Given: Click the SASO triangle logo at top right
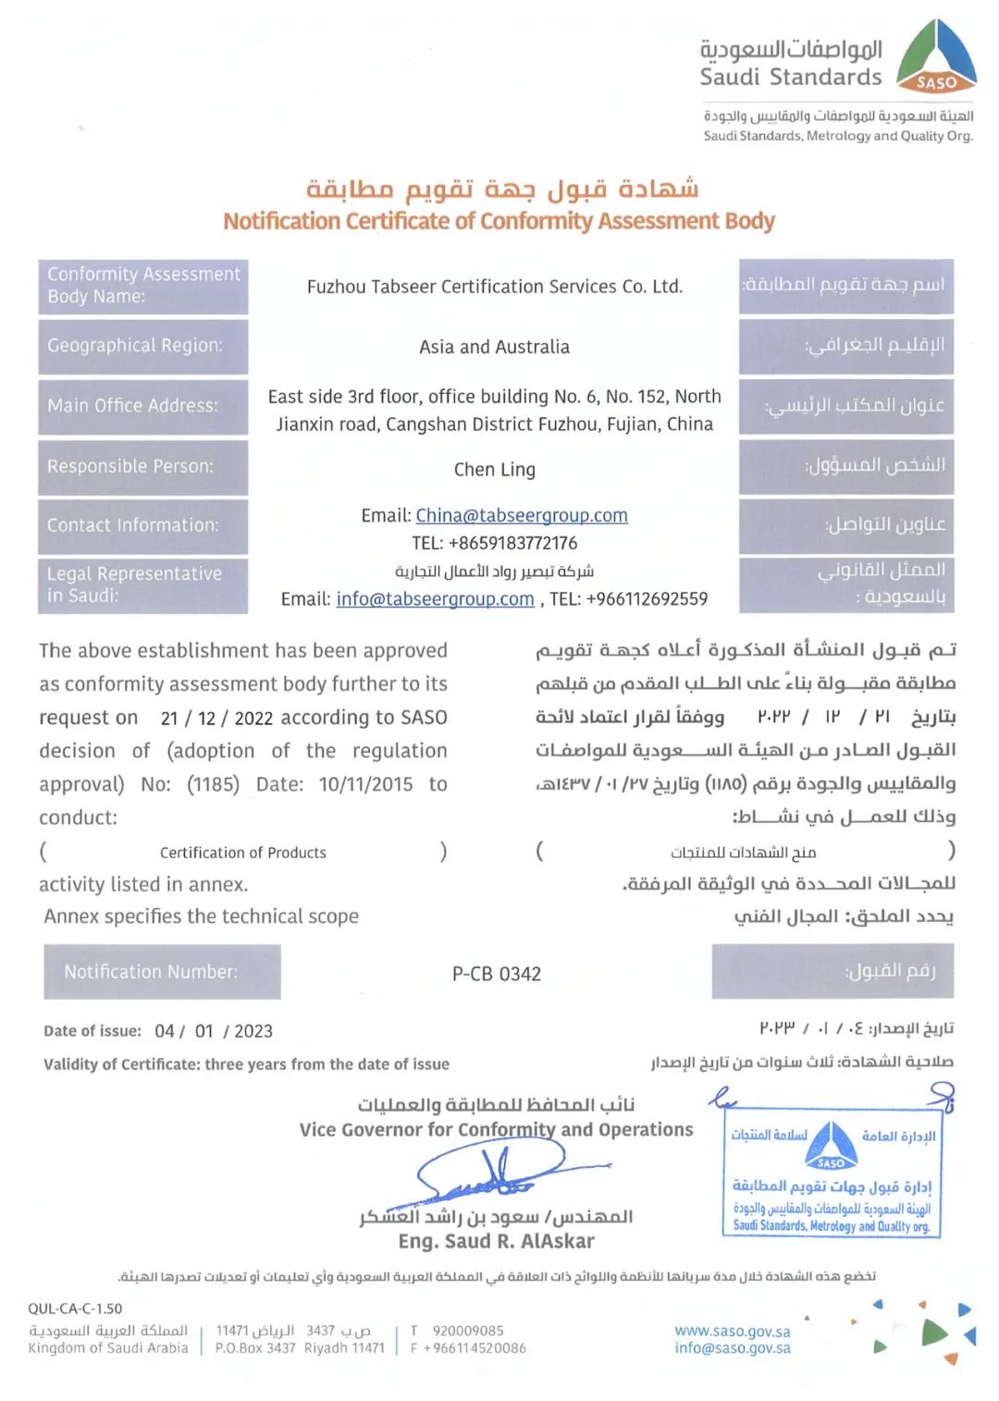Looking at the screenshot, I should [936, 57].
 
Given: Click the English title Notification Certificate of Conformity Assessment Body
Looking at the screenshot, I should [499, 221].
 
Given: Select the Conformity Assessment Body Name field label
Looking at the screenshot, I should [143, 286].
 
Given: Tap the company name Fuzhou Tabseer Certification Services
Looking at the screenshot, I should [495, 287].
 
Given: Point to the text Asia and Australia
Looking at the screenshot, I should [494, 347].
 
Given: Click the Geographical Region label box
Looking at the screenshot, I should [143, 346].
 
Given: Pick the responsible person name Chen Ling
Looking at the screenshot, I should [494, 470].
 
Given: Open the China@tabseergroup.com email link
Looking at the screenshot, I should [522, 515].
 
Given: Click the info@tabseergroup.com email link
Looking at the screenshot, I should [435, 599].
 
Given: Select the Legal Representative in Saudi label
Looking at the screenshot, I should [143, 584].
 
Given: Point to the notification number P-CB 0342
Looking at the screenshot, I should [497, 974].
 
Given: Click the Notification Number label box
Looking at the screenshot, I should [162, 972].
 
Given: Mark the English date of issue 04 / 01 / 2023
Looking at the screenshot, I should [214, 1031].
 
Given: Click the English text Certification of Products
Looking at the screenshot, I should [242, 853].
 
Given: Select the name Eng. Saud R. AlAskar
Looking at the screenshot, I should [496, 1241].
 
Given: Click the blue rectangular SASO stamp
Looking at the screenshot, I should [831, 1173].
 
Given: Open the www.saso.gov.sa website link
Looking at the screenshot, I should [732, 1331].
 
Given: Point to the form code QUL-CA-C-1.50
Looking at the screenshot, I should [75, 1309].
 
